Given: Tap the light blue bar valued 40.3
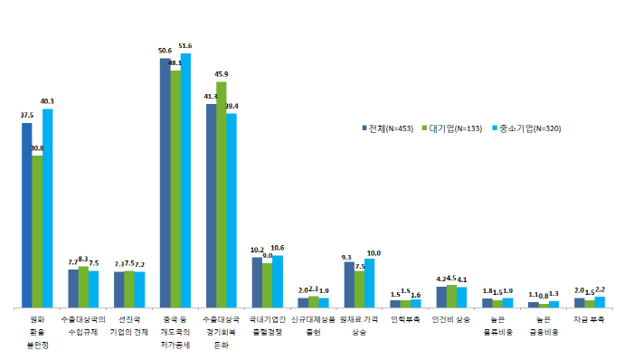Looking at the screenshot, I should click(48, 208).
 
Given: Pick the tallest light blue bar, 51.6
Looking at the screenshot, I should click(186, 181).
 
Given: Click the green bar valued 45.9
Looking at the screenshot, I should click(221, 194).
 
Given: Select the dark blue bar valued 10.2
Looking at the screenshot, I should click(257, 282).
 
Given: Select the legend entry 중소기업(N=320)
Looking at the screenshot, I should click(527, 128).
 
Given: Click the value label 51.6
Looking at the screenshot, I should click(186, 45).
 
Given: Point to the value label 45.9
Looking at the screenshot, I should click(222, 74).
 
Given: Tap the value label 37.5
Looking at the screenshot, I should click(27, 116).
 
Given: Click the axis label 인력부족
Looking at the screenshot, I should click(405, 319).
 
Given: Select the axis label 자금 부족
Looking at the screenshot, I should click(590, 319).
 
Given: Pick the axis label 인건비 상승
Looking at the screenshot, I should click(451, 319).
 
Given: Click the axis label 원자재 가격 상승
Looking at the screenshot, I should click(359, 326).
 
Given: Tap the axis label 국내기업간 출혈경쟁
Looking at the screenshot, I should click(267, 326).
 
